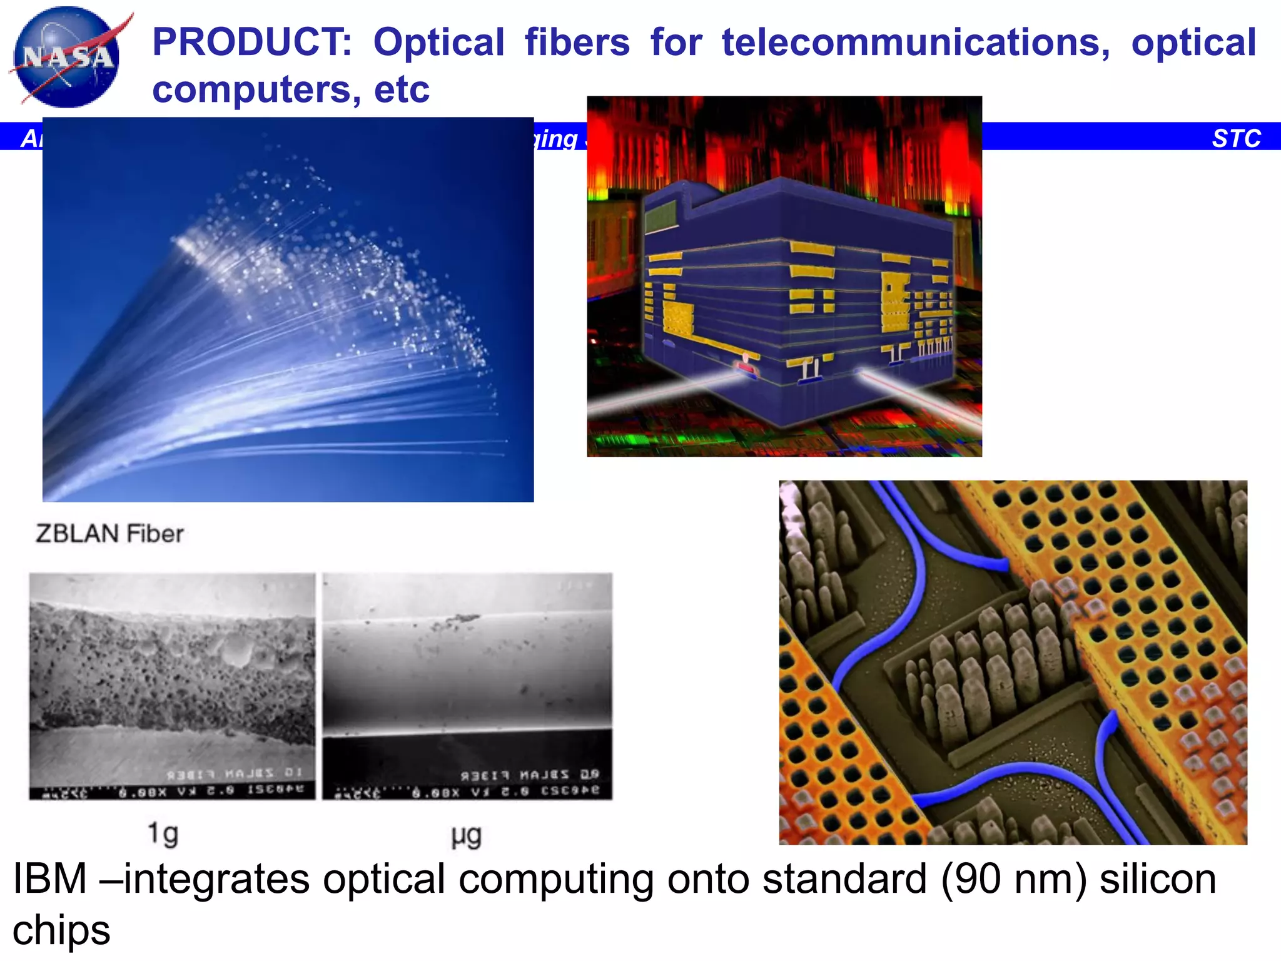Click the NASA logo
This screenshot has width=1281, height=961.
[68, 58]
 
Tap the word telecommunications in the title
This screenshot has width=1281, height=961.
[916, 43]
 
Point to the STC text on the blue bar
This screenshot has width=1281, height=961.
[1236, 138]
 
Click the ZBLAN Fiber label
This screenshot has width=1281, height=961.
[109, 534]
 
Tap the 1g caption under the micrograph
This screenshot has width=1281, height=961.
[163, 834]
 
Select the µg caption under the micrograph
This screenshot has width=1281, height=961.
[466, 836]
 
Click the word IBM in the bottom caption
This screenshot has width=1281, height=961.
[49, 879]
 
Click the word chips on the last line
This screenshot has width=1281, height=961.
[61, 930]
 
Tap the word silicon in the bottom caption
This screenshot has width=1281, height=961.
[1158, 879]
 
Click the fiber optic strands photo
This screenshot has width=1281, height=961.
[288, 310]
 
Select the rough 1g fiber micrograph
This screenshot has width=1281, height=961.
[172, 686]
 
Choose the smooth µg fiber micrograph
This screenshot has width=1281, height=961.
[467, 686]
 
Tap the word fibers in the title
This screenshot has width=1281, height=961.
[577, 43]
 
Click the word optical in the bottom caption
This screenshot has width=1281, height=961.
[386, 879]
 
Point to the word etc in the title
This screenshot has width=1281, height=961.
[402, 89]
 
